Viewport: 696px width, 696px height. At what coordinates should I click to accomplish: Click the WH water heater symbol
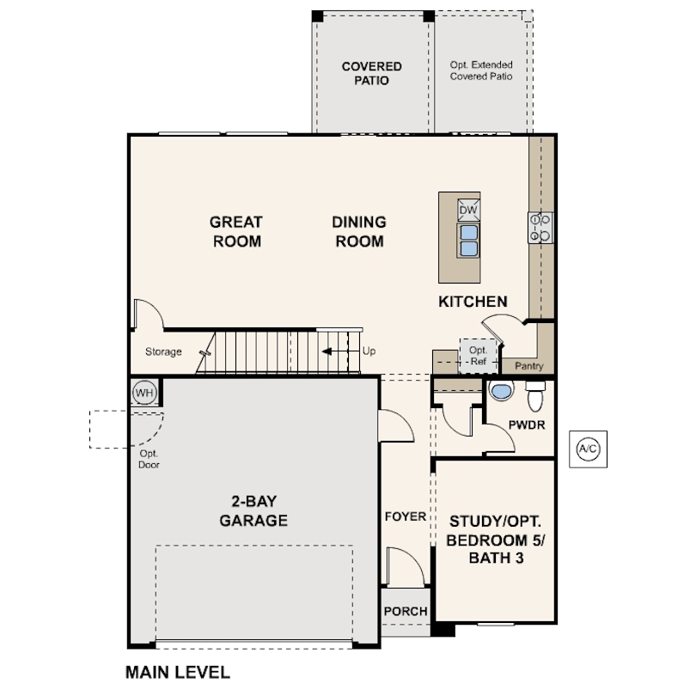coord(143,393)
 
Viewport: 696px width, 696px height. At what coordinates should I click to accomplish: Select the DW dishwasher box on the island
coord(468,211)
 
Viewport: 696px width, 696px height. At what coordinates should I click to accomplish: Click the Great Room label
coord(236,231)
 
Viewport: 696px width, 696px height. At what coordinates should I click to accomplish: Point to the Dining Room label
coord(359,231)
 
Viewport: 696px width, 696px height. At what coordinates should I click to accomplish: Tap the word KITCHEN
coord(473,302)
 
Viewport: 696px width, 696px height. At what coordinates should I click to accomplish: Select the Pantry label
coord(529,365)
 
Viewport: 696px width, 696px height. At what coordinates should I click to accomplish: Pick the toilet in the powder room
coord(534,397)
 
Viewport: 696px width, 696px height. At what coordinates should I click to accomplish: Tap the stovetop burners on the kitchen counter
coord(540,227)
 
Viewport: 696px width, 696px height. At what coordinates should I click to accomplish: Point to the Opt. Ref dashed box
coord(478,356)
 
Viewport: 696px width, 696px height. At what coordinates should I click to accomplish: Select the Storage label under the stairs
coord(162,351)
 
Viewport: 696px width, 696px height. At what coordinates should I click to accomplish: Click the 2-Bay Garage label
coord(253,511)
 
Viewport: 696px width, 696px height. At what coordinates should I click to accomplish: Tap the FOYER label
coord(406,516)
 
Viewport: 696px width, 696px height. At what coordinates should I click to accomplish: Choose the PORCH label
coord(406,611)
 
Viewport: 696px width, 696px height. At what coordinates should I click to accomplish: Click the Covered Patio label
coord(371,73)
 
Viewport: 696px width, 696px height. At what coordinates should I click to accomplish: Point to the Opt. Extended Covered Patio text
coord(481,70)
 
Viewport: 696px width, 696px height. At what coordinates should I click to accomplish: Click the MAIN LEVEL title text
coord(178,673)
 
